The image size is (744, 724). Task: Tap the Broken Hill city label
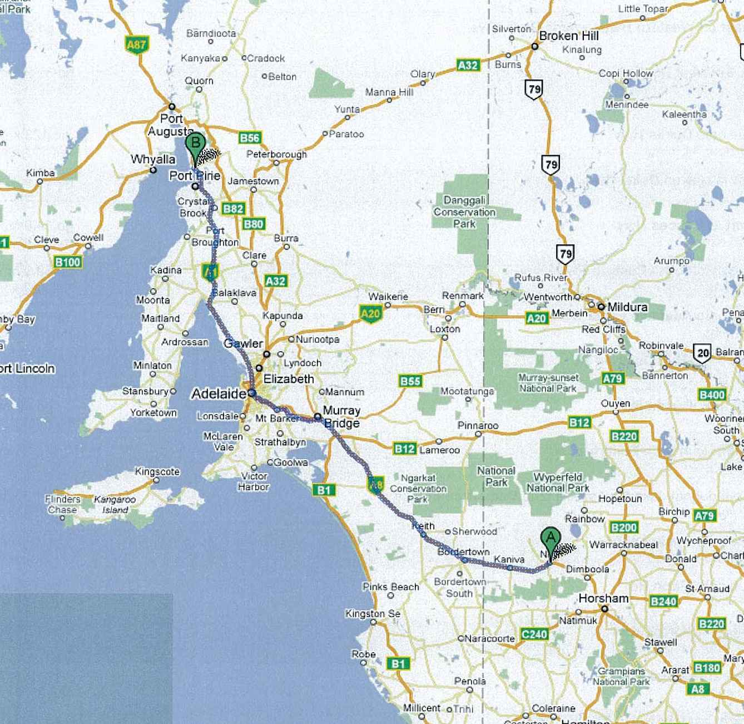(x=568, y=36)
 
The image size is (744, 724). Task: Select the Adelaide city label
(x=218, y=394)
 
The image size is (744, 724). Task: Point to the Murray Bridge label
(x=341, y=417)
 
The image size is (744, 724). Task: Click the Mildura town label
(x=627, y=307)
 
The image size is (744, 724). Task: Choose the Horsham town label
(x=603, y=598)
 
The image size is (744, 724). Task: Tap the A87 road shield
(x=136, y=45)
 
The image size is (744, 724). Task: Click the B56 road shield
(x=250, y=138)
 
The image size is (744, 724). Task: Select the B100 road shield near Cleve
(x=68, y=262)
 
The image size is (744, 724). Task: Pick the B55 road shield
(x=410, y=381)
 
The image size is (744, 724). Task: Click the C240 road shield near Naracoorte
(x=534, y=634)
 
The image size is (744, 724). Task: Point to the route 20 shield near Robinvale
(x=703, y=353)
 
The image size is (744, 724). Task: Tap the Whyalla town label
(x=153, y=159)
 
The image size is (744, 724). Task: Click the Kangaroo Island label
(x=115, y=504)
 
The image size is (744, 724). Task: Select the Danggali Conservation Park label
(x=464, y=212)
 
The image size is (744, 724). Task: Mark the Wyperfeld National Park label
(x=558, y=482)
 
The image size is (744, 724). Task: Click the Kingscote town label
(x=157, y=471)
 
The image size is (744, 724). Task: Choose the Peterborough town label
(x=276, y=154)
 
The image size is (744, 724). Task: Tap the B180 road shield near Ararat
(x=707, y=667)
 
